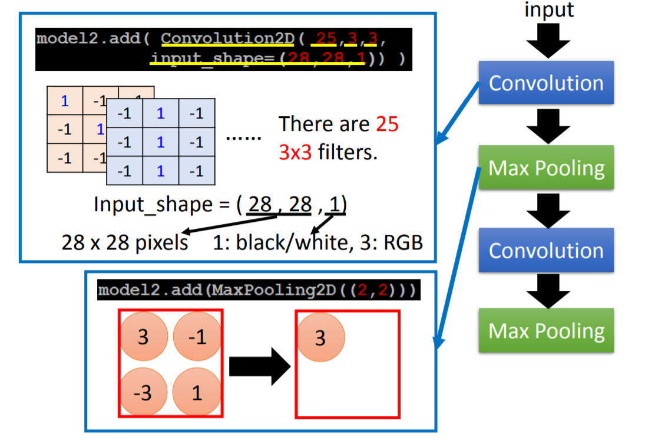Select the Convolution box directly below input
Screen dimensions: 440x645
[x=546, y=83]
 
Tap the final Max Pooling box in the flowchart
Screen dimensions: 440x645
[x=546, y=330]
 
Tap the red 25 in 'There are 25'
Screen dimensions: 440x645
[x=388, y=124]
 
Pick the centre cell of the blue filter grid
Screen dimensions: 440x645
[x=160, y=142]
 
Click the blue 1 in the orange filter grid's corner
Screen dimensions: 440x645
[x=65, y=100]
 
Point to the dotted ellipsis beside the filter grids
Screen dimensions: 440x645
[x=243, y=137]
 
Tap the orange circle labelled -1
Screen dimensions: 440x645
[x=197, y=337]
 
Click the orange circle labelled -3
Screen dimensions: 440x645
[x=143, y=391]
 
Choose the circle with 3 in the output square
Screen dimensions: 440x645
[x=320, y=338]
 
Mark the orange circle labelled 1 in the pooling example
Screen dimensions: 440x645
[x=197, y=391]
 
